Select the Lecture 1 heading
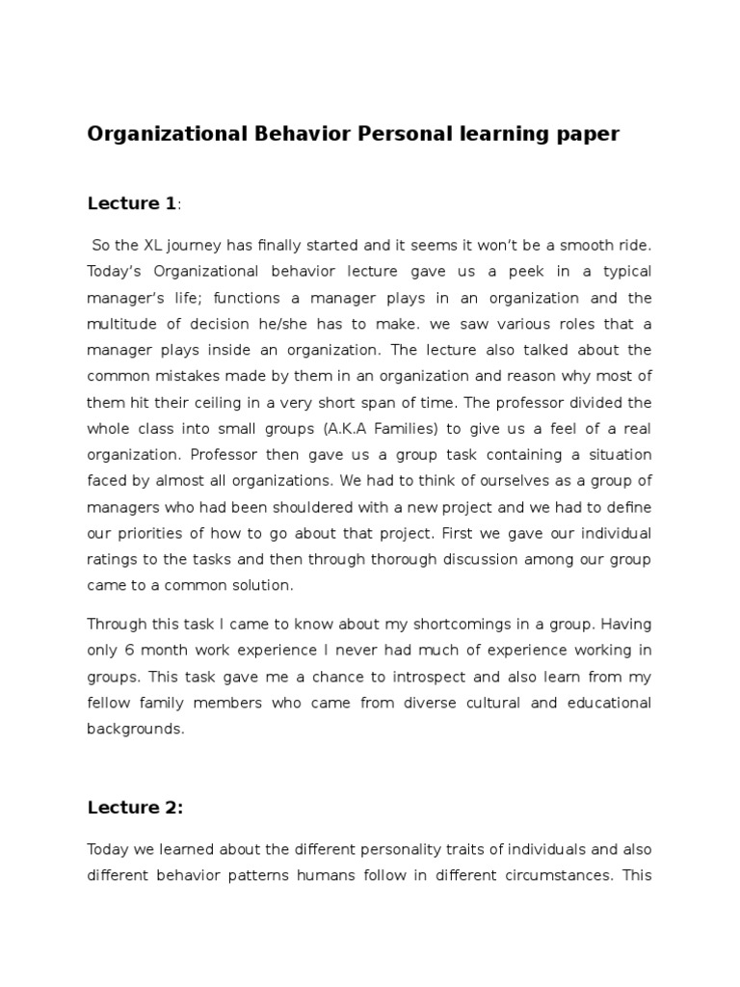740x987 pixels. coord(132,203)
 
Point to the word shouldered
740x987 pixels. coord(301,507)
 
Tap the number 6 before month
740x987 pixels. coord(127,650)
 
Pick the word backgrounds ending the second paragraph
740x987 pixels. coord(134,729)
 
